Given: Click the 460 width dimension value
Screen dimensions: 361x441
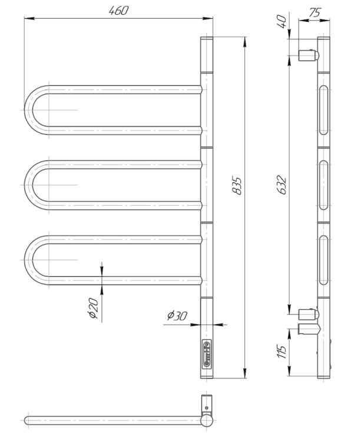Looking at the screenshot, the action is (118, 11).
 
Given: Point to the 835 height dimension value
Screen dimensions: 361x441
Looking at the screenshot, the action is (237, 186).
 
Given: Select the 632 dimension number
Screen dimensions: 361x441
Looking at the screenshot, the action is (281, 185).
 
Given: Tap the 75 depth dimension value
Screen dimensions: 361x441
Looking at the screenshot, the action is (315, 13).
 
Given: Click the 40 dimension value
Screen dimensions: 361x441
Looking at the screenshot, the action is (282, 22).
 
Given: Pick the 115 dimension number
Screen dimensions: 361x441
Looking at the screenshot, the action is (281, 351).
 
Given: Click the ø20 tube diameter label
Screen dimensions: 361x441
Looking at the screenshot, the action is (94, 308).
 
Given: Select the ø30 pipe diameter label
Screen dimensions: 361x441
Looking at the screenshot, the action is (177, 316).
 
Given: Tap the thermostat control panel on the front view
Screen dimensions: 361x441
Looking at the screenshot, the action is (207, 354).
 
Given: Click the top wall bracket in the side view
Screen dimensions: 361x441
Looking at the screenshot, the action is (309, 55).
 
